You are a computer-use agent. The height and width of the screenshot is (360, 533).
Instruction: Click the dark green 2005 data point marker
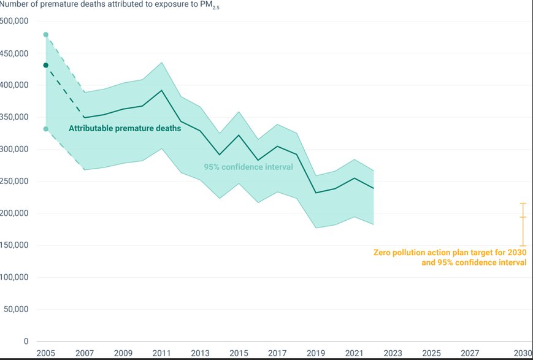(46, 65)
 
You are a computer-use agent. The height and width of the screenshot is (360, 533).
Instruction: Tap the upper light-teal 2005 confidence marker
(46, 34)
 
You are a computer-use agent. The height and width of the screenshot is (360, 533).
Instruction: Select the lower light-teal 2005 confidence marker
(46, 129)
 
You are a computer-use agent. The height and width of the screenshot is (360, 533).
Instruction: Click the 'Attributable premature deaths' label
(125, 129)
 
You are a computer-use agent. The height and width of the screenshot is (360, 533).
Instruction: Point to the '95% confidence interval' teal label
(248, 167)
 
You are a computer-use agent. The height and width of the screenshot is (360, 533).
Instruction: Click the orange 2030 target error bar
(523, 224)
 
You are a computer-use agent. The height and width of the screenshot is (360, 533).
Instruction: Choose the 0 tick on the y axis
(25, 341)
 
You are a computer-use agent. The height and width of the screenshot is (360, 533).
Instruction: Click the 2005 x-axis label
(46, 353)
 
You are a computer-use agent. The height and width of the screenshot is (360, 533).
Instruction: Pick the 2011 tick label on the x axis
(161, 353)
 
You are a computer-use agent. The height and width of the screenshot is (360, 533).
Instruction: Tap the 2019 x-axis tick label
(316, 353)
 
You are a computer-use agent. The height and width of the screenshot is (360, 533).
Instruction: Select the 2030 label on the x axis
(523, 353)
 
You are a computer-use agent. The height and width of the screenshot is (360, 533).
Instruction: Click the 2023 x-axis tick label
(393, 353)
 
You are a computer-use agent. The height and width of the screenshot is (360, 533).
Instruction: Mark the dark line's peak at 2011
(161, 91)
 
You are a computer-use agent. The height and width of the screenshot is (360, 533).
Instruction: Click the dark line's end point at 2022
(374, 188)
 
